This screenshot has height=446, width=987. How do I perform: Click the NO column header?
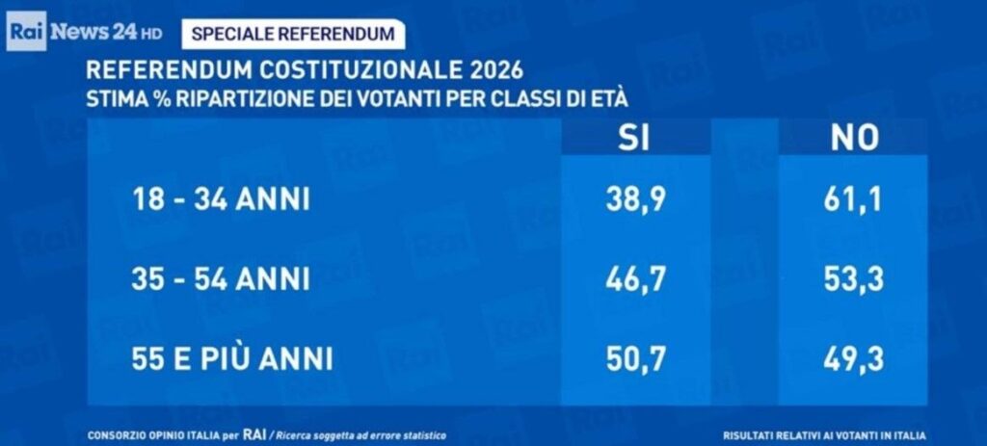[854, 139]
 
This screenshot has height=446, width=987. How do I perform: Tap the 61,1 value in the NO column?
[854, 200]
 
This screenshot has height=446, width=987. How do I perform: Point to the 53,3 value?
[854, 279]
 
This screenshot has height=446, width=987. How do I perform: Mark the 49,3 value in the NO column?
[854, 358]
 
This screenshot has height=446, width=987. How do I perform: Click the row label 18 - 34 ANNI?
[221, 200]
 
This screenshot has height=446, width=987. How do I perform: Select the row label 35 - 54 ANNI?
[221, 279]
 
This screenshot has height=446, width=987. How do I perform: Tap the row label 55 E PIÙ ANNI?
[232, 359]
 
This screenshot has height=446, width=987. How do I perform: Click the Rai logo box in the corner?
[25, 33]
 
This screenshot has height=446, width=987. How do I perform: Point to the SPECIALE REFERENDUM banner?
[293, 34]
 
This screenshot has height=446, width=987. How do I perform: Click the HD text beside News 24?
[151, 35]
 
